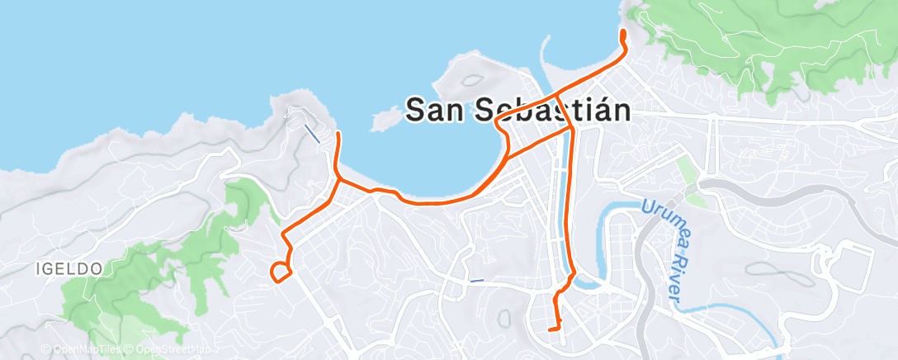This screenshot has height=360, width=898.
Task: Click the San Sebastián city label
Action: [519, 109]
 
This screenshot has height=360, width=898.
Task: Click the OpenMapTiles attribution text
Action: [83, 350]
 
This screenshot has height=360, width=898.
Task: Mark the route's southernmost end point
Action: [550, 330]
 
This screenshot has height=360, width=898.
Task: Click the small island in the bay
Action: [381, 121]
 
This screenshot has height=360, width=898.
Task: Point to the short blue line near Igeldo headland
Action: [312, 133]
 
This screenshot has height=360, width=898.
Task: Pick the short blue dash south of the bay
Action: [476, 281]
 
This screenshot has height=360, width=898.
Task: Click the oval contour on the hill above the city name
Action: [473, 81]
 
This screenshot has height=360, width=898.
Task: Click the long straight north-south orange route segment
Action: [566, 206]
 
